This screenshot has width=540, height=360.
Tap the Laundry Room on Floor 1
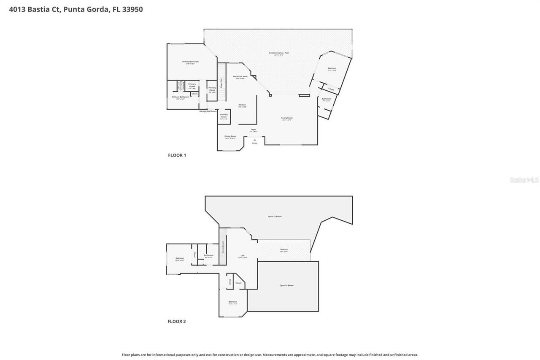point(224,116)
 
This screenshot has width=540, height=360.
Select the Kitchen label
point(242,105)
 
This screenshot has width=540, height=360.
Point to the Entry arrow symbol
point(254,140)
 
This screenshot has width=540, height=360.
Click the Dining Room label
point(230,136)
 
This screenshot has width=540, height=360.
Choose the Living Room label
point(287,118)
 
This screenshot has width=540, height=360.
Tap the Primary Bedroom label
point(190,62)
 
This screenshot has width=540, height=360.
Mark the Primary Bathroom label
point(181,97)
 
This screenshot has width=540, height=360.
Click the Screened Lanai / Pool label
point(279,53)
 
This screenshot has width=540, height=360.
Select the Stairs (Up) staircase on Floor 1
point(221,82)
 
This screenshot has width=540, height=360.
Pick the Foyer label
point(254,130)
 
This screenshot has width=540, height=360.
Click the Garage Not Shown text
point(208,111)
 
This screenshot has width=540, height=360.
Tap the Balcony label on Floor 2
point(284,250)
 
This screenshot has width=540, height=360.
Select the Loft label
point(243,256)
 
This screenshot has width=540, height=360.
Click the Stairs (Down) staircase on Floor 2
point(222,247)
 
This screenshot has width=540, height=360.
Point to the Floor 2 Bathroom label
point(208,255)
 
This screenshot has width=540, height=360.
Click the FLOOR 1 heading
point(177,155)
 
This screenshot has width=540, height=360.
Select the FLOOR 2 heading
point(176,322)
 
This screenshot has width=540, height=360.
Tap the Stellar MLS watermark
point(524,180)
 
